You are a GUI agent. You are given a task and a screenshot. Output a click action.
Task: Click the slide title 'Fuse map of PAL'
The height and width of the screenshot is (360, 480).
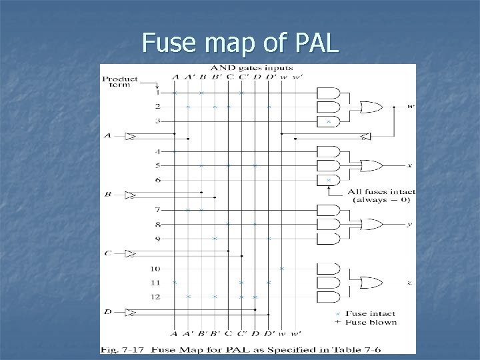(x=240, y=43)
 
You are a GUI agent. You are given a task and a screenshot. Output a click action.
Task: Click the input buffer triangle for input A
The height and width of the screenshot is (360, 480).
(x=131, y=137)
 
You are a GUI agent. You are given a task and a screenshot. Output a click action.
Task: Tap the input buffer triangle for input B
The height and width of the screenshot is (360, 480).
(x=131, y=195)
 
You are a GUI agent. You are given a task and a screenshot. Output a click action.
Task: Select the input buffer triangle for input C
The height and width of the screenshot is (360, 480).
(x=131, y=253)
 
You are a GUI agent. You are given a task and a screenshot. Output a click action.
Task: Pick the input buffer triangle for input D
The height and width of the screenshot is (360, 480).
(x=131, y=312)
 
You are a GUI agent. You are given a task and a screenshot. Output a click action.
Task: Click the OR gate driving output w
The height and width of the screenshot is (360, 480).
(x=369, y=107)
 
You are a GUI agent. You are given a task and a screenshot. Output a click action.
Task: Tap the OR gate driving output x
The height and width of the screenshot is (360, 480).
(x=369, y=165)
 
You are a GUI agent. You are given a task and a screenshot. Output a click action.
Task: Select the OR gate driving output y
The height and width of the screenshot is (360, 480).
(x=369, y=225)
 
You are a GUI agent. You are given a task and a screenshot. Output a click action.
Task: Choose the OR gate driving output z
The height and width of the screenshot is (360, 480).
(x=369, y=283)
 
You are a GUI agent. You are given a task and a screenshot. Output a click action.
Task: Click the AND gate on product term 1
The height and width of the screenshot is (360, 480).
(x=328, y=93)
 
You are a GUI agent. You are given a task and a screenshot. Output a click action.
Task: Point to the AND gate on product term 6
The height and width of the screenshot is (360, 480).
(x=328, y=180)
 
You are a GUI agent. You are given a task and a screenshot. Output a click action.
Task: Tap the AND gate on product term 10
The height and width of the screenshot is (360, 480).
(x=328, y=269)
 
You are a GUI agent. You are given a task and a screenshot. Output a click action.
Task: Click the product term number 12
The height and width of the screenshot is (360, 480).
(x=155, y=297)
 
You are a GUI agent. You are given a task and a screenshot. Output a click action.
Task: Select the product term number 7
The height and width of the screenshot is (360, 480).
(x=157, y=210)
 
